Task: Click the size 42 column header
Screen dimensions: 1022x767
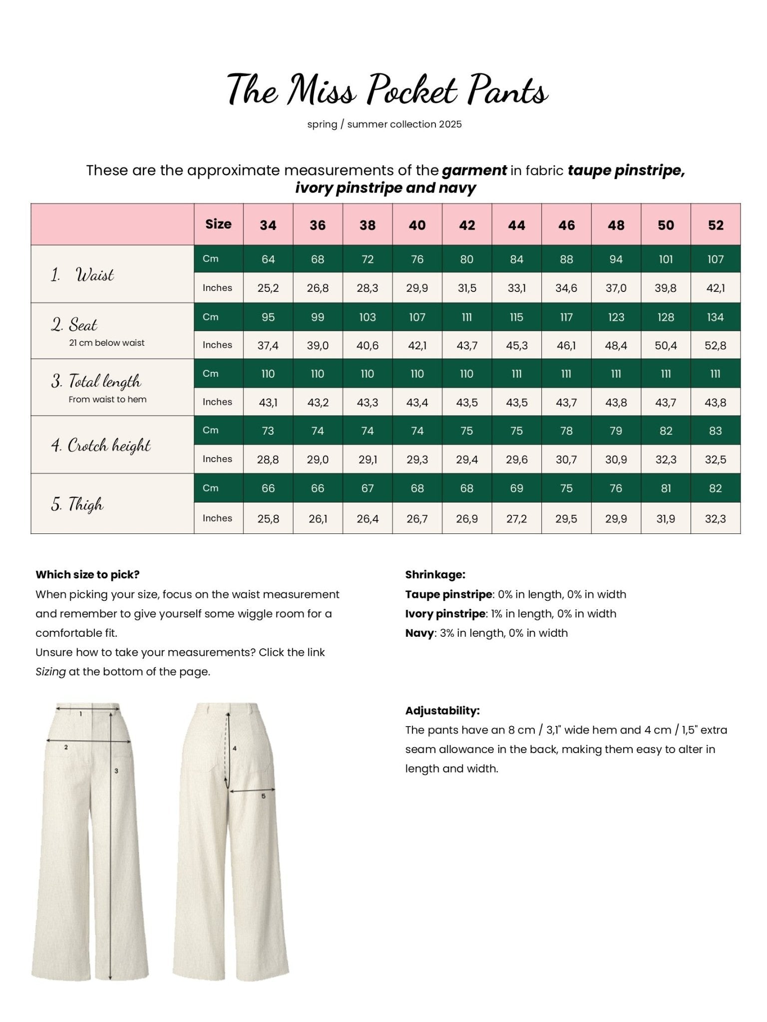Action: pyautogui.click(x=467, y=225)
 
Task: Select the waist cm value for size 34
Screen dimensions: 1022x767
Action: pyautogui.click(x=268, y=259)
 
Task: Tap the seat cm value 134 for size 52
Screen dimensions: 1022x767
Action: pyautogui.click(x=715, y=317)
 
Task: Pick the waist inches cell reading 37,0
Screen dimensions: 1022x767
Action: pyautogui.click(x=616, y=288)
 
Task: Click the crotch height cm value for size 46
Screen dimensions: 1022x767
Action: pyautogui.click(x=566, y=431)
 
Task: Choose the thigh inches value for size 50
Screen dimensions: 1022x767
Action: pyautogui.click(x=666, y=519)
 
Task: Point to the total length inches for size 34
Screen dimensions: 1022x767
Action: pyautogui.click(x=268, y=402)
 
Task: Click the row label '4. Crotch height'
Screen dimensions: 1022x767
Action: pyautogui.click(x=101, y=445)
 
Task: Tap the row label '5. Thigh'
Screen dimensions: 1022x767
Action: pyautogui.click(x=77, y=504)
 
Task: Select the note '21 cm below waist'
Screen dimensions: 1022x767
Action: pyautogui.click(x=107, y=343)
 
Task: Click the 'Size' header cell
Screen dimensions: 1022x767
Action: pyautogui.click(x=218, y=224)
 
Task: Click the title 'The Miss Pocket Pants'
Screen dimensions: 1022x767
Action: pyautogui.click(x=387, y=90)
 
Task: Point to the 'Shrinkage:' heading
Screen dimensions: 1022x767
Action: pyautogui.click(x=435, y=574)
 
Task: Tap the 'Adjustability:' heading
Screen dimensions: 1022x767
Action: pyautogui.click(x=442, y=711)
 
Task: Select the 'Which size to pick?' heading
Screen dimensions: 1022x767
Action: pyautogui.click(x=87, y=574)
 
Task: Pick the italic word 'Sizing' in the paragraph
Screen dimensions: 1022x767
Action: pyautogui.click(x=50, y=672)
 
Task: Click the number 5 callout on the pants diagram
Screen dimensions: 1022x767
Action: pyautogui.click(x=263, y=796)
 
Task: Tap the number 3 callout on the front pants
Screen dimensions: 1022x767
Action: pyautogui.click(x=116, y=771)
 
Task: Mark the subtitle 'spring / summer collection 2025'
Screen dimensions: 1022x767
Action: pyautogui.click(x=384, y=124)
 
